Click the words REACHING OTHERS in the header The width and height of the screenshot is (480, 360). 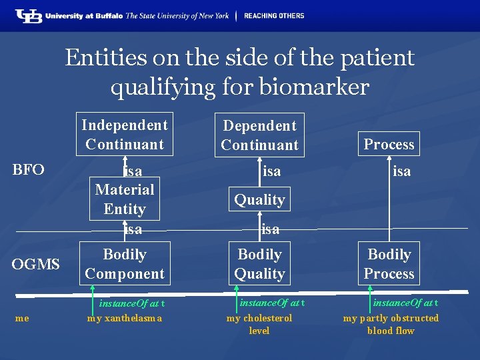click(274, 15)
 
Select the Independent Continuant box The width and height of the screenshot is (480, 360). click(125, 134)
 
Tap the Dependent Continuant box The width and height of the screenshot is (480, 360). click(259, 135)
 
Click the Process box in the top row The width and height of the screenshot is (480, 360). click(389, 144)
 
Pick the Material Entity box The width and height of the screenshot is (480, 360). click(125, 199)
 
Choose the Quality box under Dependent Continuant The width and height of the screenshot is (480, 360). click(259, 199)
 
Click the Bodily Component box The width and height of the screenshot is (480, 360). click(125, 264)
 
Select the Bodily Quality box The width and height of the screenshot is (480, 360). click(259, 264)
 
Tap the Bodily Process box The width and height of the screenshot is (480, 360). click(389, 264)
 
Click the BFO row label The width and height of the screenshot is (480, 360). click(29, 169)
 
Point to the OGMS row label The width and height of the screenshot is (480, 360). click(36, 265)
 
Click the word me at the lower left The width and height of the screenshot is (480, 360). click(22, 318)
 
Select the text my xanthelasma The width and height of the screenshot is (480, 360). click(125, 318)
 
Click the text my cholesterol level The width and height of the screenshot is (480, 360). click(259, 324)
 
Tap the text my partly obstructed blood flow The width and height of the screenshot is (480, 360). click(391, 324)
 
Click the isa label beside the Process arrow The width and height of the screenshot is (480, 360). click(401, 171)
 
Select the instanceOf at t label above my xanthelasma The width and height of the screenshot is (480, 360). click(132, 304)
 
